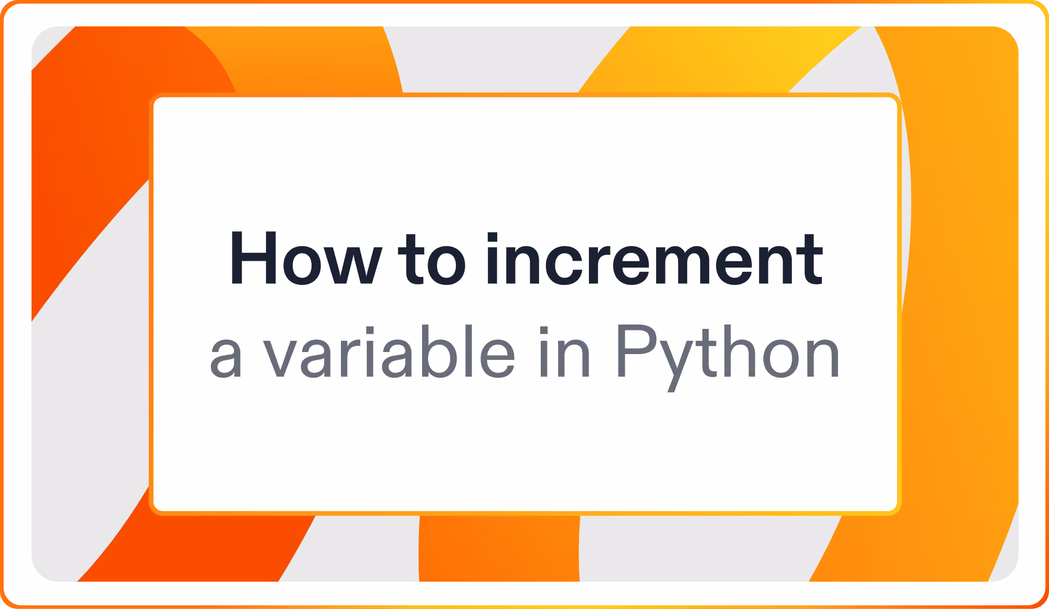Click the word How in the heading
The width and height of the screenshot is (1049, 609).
(x=306, y=259)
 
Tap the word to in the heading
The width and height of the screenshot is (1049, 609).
(x=432, y=259)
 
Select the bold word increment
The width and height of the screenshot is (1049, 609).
(x=654, y=259)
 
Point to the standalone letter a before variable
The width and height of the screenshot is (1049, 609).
(x=226, y=358)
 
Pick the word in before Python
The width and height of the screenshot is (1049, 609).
(x=565, y=351)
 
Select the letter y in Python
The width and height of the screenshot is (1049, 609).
(x=679, y=365)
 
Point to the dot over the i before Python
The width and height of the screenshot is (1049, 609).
(x=544, y=330)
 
